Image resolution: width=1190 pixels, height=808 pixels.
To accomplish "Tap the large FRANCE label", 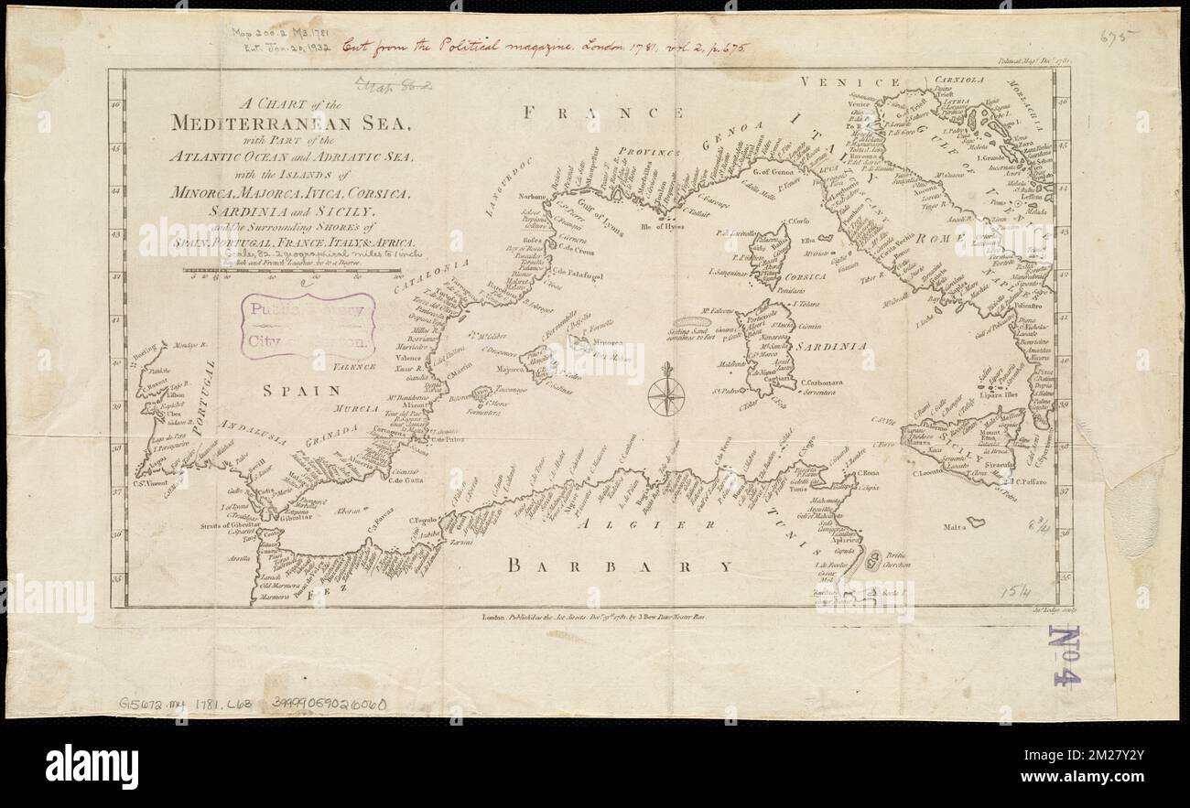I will coord(604,113).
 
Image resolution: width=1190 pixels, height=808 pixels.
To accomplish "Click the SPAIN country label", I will coord(301,391).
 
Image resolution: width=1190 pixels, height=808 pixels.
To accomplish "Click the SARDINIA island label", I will coord(829,347).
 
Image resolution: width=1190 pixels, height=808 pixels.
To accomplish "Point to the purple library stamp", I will coord(307,327).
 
